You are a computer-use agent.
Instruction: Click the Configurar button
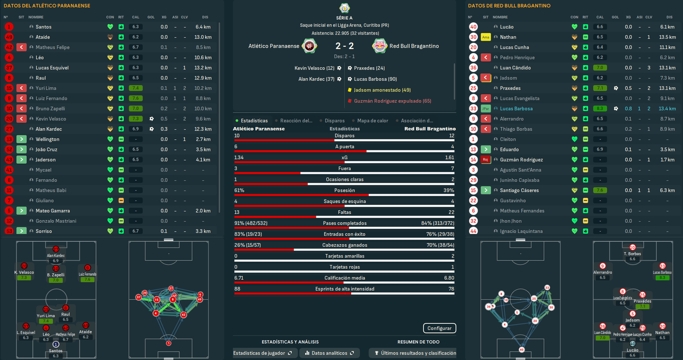tap(440, 329)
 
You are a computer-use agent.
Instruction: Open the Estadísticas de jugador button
tap(263, 353)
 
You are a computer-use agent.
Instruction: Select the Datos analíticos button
tap(329, 353)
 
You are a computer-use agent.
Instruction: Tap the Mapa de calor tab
tap(372, 121)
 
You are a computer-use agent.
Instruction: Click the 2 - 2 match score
tap(344, 46)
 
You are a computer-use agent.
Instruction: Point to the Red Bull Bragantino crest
tap(380, 46)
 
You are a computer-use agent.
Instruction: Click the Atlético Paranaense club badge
tap(309, 46)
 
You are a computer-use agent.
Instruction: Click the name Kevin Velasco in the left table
tap(51, 119)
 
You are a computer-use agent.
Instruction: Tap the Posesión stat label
tap(344, 190)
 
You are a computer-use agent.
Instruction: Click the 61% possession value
tap(240, 190)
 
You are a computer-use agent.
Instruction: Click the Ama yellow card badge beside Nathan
tap(486, 37)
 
